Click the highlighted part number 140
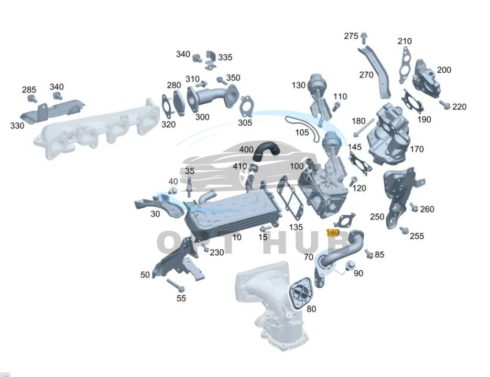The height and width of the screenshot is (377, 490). click(x=332, y=232)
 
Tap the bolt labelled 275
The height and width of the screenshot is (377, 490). click(x=364, y=38)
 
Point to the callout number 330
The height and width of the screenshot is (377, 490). click(x=17, y=126)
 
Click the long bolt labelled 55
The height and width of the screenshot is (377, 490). click(x=176, y=285)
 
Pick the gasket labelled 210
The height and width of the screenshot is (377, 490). click(x=405, y=65)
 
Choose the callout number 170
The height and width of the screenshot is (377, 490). click(x=417, y=149)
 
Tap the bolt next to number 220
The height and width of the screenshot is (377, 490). click(x=445, y=105)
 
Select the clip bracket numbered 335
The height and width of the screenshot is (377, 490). click(x=211, y=61)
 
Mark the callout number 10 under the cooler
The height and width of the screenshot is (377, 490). click(x=236, y=237)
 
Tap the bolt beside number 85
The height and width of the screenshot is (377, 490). click(x=369, y=254)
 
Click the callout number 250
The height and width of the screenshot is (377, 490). click(x=377, y=216)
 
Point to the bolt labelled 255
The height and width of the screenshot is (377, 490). click(x=404, y=230)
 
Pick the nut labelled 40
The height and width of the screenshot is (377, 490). click(x=173, y=191)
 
